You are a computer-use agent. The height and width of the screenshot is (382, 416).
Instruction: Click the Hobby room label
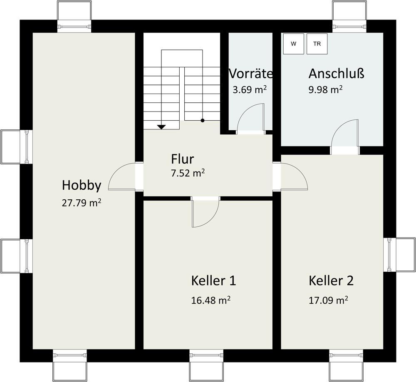click(x=82, y=185)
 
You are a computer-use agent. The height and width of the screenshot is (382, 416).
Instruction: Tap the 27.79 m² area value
click(x=82, y=203)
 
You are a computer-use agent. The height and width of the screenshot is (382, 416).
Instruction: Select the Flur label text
click(x=182, y=159)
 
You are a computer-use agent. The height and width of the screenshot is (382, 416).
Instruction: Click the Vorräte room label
click(x=251, y=74)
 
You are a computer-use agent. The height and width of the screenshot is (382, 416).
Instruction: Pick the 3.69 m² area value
click(x=250, y=89)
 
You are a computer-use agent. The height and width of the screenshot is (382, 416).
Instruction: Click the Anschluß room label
click(x=336, y=74)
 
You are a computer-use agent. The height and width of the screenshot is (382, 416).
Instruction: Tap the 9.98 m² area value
click(x=325, y=89)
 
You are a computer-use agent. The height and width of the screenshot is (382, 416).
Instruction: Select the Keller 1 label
click(x=213, y=280)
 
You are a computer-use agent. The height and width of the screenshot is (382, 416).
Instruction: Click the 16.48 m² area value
click(x=211, y=300)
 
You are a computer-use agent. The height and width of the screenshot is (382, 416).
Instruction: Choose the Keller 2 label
click(x=331, y=280)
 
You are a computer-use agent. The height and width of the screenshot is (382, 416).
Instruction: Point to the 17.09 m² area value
click(x=328, y=300)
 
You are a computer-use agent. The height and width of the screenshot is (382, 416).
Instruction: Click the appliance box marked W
click(x=294, y=44)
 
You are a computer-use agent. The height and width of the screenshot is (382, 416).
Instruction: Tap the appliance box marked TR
click(x=317, y=44)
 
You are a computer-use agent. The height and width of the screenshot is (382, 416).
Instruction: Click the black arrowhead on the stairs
click(x=161, y=127)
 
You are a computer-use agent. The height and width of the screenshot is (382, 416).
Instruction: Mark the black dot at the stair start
click(x=203, y=121)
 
